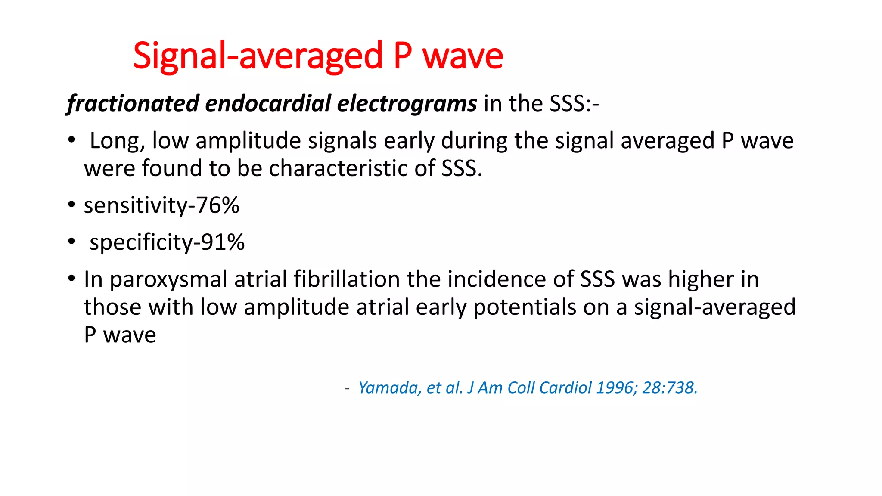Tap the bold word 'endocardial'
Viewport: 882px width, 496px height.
[x=268, y=103]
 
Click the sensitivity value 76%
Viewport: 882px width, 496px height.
[x=218, y=205]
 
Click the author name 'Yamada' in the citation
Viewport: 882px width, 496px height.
[x=386, y=388]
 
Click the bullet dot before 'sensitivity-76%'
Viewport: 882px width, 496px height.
[x=71, y=205]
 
